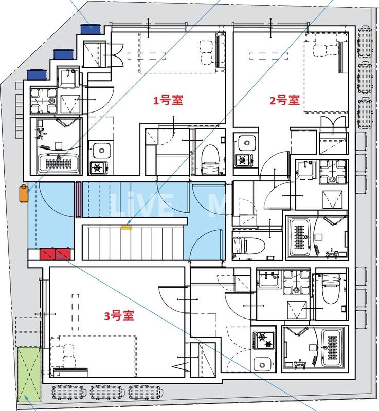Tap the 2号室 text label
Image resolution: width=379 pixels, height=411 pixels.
[x=284, y=100]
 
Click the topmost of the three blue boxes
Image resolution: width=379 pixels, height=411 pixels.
[x=91, y=29]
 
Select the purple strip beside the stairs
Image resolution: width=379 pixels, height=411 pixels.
[x=78, y=199]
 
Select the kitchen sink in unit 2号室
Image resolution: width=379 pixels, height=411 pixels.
[x=244, y=142]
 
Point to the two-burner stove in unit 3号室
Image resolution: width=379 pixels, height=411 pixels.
[x=263, y=340]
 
